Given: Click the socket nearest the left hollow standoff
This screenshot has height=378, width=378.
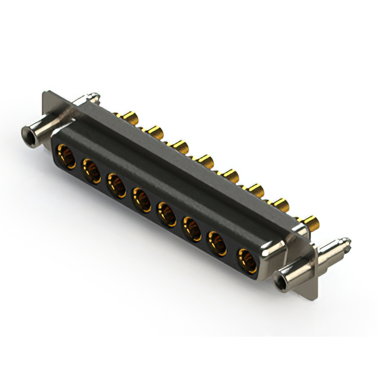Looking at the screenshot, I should [x=64, y=157].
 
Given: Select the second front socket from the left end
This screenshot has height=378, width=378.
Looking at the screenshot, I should [x=92, y=171].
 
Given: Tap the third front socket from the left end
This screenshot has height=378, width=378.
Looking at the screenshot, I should [x=116, y=184].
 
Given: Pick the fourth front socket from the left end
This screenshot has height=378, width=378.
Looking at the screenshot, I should [x=142, y=198].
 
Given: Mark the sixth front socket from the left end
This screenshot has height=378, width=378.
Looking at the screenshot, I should [x=193, y=228].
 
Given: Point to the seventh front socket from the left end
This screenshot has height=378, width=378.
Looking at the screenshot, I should [x=219, y=243].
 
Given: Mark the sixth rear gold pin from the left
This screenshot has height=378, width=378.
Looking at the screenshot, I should [x=256, y=190].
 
